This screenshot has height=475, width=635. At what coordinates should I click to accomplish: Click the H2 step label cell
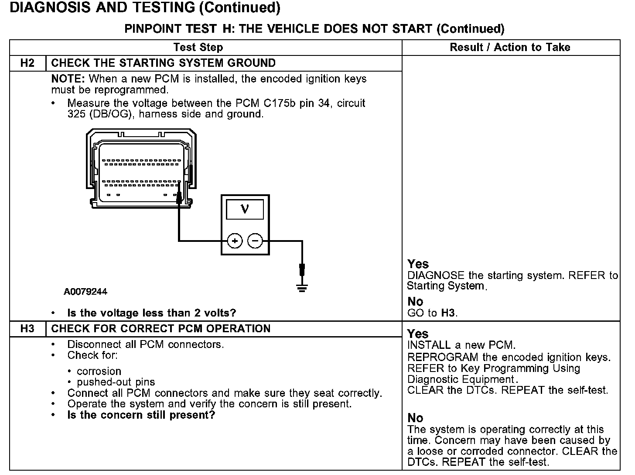tap(27, 63)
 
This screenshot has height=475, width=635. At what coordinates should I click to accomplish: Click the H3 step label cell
tap(27, 329)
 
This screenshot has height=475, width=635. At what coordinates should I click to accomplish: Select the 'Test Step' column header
tap(198, 47)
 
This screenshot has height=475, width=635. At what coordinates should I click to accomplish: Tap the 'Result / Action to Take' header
tap(510, 47)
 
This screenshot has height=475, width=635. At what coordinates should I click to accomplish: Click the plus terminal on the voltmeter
tap(235, 241)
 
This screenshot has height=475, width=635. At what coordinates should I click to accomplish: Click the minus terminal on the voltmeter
tap(255, 241)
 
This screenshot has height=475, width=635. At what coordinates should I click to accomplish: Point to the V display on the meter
tap(245, 209)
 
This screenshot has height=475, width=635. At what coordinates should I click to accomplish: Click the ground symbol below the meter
tap(302, 287)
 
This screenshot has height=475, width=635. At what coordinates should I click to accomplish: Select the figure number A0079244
tap(85, 292)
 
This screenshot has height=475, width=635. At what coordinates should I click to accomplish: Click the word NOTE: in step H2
tap(68, 79)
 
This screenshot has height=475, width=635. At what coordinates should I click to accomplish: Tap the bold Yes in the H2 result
tap(418, 264)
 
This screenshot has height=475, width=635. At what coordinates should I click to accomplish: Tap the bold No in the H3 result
tap(415, 418)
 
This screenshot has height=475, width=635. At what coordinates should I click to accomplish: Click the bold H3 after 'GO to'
tap(448, 313)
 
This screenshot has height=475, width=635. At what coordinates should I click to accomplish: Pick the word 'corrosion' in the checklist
tap(99, 371)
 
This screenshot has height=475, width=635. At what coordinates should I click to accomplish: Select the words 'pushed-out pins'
tap(116, 382)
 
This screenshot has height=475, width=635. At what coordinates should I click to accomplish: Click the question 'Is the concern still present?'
tap(141, 415)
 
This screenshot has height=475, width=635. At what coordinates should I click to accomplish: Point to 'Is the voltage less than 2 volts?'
tap(151, 313)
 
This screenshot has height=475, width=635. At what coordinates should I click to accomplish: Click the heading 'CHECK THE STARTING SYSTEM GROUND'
tap(163, 63)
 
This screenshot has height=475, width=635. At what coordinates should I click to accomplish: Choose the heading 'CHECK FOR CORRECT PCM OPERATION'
tap(160, 329)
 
